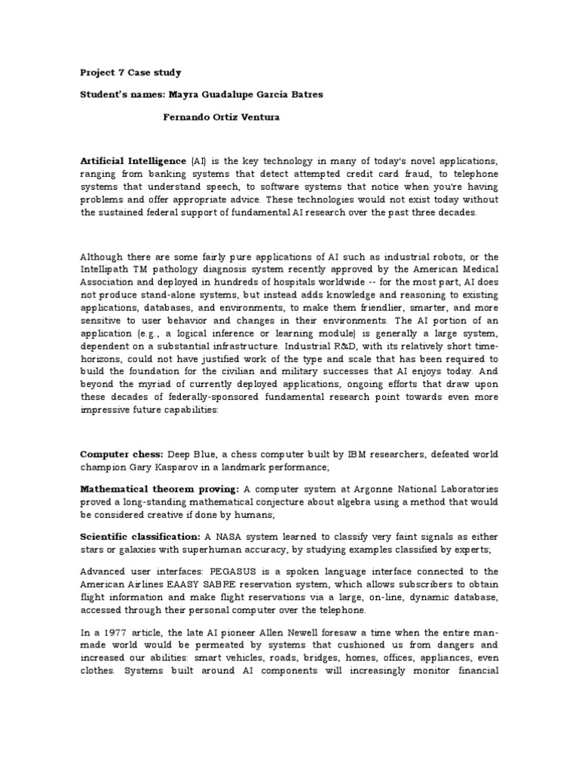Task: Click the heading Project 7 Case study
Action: pos(130,73)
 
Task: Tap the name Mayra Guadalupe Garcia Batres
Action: pos(250,95)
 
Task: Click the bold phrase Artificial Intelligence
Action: pos(133,161)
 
